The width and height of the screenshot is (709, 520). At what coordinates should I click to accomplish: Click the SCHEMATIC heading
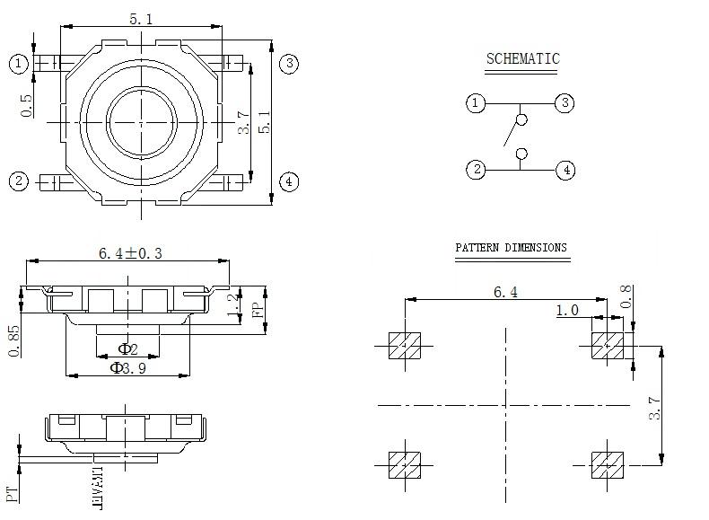point(522,59)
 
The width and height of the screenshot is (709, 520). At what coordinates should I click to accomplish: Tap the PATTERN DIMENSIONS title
point(511,248)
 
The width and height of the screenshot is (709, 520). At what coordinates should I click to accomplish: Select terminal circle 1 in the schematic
point(476,103)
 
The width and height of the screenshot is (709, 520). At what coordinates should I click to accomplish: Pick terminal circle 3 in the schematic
point(565,103)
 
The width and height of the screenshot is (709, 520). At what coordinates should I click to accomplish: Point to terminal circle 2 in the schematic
point(476,169)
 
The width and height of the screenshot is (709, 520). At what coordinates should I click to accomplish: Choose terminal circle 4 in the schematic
point(565,169)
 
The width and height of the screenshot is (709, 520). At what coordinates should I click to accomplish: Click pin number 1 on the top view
point(19,63)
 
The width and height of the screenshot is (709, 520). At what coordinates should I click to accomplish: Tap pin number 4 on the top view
point(288,181)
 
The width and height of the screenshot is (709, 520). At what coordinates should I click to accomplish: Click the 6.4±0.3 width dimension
point(130,253)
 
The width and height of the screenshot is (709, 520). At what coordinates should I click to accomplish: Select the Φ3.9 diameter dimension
point(128,367)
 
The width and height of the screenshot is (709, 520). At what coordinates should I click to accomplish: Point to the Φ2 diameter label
point(127,348)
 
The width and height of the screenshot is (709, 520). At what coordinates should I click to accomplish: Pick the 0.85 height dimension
point(14,339)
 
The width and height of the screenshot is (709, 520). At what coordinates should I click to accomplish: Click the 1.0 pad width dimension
point(567,311)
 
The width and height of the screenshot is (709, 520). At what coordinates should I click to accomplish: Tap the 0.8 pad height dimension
point(627,295)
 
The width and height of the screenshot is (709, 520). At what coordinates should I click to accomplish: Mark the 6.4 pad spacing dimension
point(506,293)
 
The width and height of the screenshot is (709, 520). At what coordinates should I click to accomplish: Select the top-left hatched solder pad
point(404,345)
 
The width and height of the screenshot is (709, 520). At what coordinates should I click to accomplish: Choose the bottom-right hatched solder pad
point(607,464)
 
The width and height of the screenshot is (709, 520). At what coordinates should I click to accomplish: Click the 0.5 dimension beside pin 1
point(27,106)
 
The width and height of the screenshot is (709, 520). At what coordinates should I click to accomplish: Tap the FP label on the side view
point(257,310)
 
